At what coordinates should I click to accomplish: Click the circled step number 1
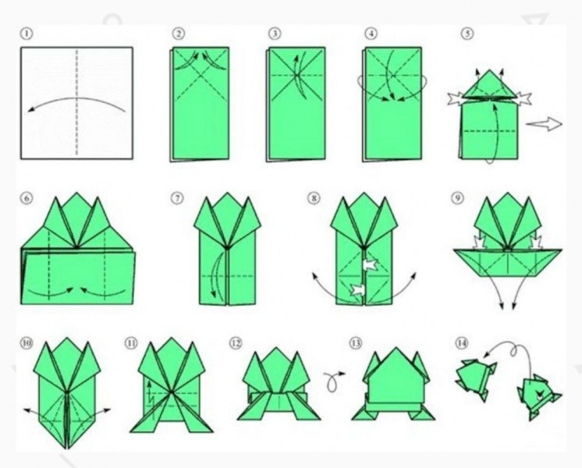tap(27, 34)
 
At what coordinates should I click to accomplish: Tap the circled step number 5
tap(467, 34)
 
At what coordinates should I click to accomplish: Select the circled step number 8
tap(314, 198)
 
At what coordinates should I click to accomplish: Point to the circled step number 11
tap(130, 343)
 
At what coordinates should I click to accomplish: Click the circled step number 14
tap(461, 342)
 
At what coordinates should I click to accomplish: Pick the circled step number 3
tap(275, 34)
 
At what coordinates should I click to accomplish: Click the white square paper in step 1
tap(76, 103)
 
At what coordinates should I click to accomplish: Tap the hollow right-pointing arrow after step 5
tap(544, 124)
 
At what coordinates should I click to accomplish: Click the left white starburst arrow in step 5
tap(456, 98)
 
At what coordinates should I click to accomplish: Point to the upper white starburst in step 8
tap(370, 264)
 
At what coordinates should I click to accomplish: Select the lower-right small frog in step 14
tap(539, 397)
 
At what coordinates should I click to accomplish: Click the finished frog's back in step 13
tap(396, 378)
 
